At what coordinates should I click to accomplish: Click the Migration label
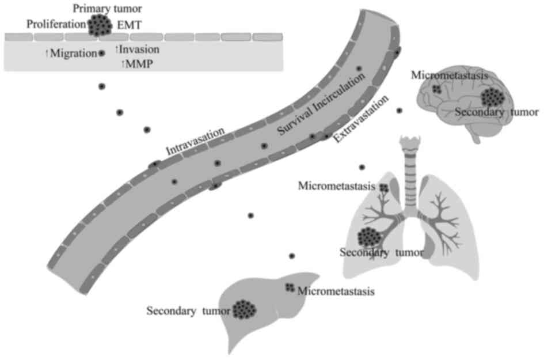(72, 54)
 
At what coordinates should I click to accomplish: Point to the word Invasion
(139, 50)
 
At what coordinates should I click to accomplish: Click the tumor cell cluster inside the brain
(493, 98)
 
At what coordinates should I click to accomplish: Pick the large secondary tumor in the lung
(370, 236)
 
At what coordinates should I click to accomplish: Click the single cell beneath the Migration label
(102, 86)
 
